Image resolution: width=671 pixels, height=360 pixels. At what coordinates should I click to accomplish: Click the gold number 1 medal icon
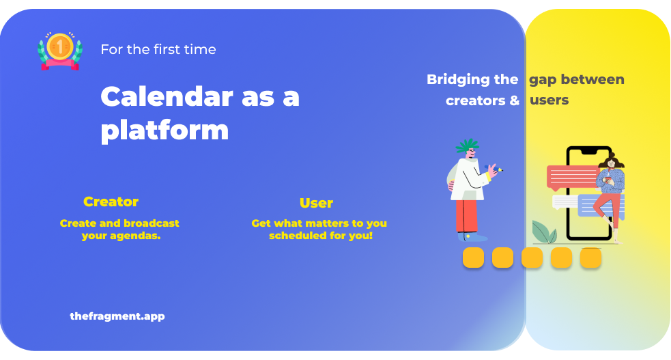(60, 51)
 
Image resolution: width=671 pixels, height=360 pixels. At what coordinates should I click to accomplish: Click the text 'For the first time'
(158, 49)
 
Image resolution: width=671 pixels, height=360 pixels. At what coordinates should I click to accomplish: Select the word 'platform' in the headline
(165, 130)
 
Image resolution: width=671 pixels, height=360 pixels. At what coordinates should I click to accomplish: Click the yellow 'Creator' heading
(111, 202)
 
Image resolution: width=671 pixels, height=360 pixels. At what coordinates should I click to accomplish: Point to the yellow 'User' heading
(316, 203)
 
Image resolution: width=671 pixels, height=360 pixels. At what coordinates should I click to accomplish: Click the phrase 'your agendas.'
(121, 236)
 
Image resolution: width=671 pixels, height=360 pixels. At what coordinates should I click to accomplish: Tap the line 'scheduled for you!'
(321, 236)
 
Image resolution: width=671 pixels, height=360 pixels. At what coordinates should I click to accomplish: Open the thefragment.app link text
(117, 316)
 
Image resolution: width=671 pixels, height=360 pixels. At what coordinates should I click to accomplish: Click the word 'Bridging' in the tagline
(458, 79)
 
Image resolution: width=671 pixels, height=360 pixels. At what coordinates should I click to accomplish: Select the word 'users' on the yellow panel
(549, 100)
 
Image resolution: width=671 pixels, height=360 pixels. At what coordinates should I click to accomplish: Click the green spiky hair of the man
(467, 145)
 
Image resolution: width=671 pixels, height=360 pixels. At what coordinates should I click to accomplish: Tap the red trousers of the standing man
(466, 216)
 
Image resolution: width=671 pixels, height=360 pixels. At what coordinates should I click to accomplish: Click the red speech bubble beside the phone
(573, 177)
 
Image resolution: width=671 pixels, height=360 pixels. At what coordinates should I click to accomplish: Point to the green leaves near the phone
(543, 232)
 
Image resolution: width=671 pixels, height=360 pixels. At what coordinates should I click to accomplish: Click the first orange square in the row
(473, 258)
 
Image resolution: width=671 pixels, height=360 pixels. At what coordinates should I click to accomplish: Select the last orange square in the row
(590, 258)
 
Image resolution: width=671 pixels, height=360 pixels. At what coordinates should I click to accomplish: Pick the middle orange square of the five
(532, 258)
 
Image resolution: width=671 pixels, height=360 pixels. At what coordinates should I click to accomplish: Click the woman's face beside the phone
(611, 163)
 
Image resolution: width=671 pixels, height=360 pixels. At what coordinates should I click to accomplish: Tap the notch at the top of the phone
(589, 152)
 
